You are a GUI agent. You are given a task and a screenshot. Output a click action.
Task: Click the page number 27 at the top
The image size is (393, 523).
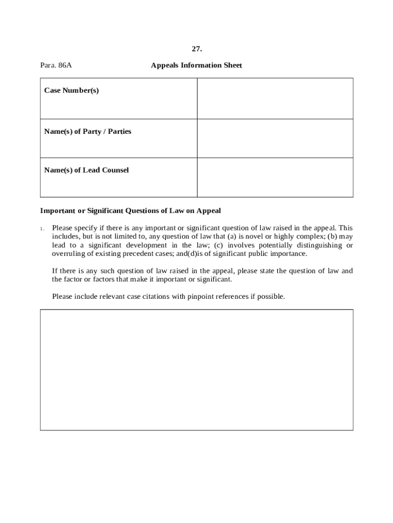[x=196, y=49]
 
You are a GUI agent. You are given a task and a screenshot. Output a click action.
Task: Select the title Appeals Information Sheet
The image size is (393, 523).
[x=196, y=65]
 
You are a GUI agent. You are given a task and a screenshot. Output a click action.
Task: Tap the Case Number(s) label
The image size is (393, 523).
[x=71, y=90]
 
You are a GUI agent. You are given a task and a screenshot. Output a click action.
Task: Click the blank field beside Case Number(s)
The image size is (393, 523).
[x=275, y=99]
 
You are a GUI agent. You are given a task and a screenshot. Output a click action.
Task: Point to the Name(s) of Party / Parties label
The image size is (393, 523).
[x=88, y=131]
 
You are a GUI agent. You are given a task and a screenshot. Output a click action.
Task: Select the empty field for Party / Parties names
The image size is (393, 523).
[x=275, y=138]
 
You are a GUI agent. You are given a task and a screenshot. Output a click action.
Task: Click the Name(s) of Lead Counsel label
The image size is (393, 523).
[x=86, y=170]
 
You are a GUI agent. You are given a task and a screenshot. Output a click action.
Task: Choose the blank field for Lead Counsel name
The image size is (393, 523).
[x=275, y=177]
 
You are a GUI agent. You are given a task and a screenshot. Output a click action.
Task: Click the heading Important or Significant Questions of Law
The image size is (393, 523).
[x=130, y=210]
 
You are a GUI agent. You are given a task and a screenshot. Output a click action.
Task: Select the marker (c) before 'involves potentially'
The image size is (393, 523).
[x=218, y=245]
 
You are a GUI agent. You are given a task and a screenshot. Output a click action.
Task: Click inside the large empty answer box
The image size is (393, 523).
[x=196, y=369]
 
